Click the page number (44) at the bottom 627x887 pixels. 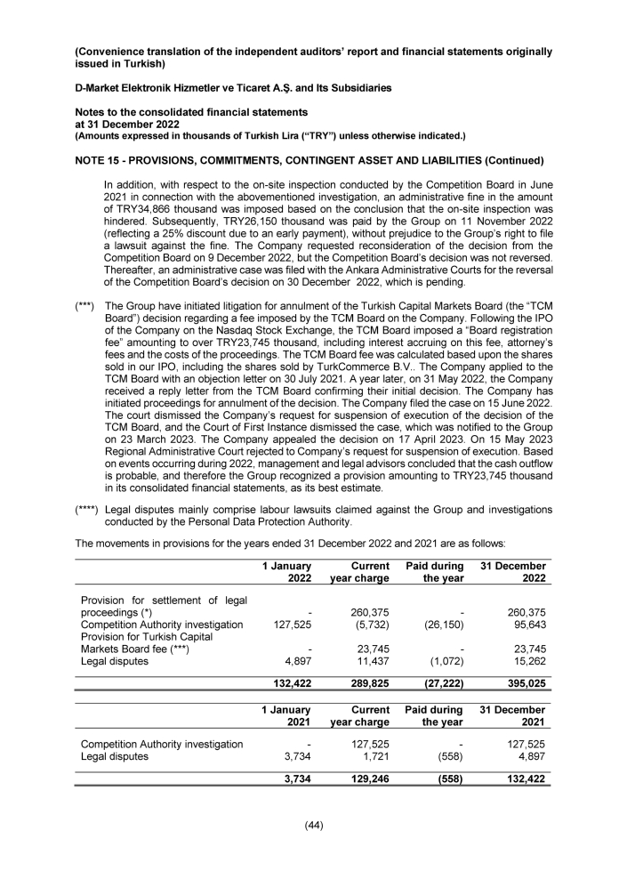coord(313,825)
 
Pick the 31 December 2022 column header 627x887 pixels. coord(513,572)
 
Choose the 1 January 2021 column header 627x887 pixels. coord(285,716)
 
